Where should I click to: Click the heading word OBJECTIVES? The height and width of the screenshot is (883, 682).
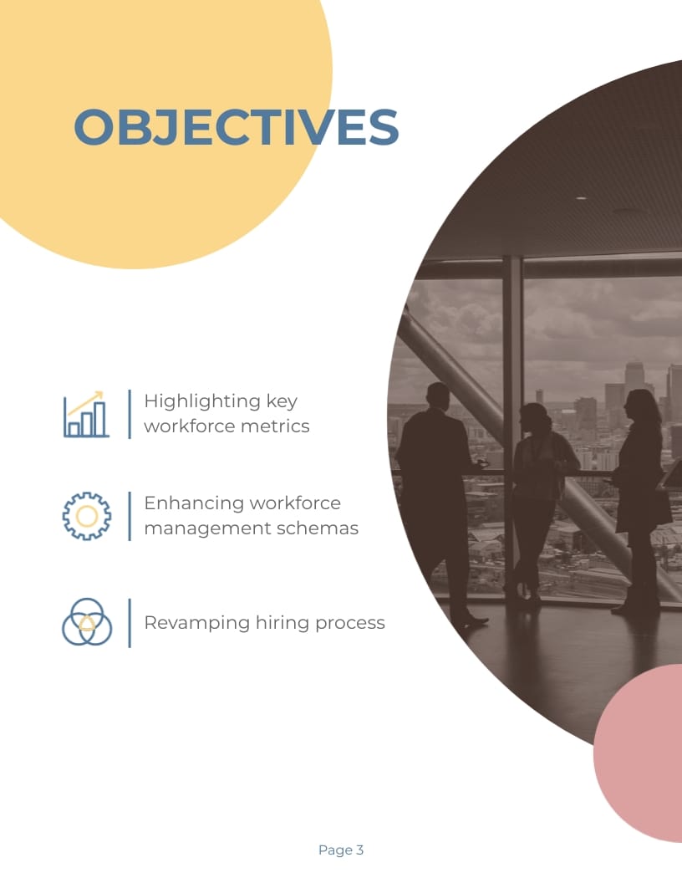(237, 127)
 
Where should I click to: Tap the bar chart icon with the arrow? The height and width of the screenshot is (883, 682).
(86, 414)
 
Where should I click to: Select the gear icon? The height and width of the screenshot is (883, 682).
(86, 515)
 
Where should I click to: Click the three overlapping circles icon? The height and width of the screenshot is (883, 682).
(86, 622)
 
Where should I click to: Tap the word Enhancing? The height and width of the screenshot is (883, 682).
(195, 503)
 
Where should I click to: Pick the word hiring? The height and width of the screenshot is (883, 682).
(297, 623)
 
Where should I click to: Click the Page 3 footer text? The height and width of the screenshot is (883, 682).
(341, 850)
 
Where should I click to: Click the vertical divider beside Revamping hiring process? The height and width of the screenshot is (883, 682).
(130, 622)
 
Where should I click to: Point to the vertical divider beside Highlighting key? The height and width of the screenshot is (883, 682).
(130, 414)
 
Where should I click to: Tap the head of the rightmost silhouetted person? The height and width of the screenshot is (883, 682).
(641, 405)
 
